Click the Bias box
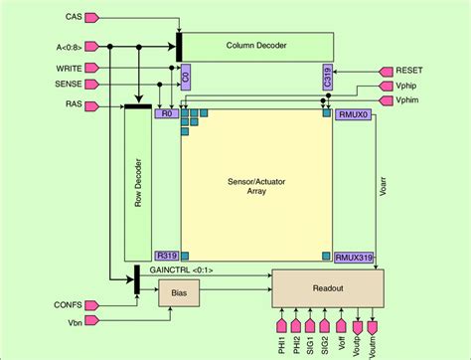coord(179,293)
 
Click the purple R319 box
coord(166,255)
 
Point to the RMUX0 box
coord(354,113)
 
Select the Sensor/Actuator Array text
coord(256,186)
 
